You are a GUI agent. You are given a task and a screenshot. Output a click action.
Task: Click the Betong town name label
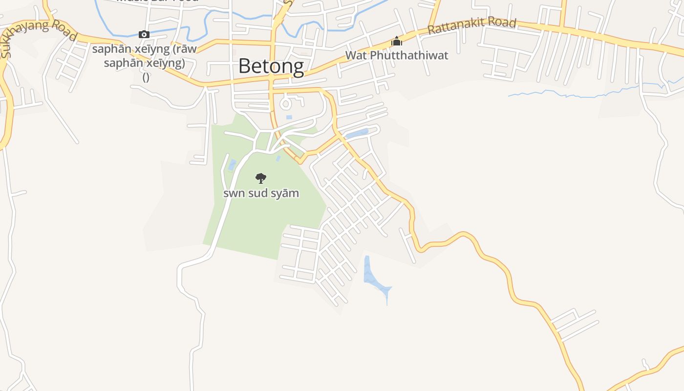(271, 66)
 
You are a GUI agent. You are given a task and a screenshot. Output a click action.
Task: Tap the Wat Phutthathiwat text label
(396, 55)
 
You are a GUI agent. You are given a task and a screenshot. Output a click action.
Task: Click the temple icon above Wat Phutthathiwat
(396, 42)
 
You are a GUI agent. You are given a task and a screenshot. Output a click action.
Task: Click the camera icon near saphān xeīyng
(144, 34)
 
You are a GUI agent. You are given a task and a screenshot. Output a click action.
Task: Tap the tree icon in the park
(261, 178)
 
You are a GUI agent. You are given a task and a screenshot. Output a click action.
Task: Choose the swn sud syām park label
(261, 193)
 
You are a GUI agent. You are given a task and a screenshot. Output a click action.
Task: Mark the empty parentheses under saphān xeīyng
(146, 77)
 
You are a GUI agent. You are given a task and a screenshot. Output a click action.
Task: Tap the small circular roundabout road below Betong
(285, 104)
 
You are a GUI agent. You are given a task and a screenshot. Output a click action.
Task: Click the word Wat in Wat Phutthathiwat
(356, 55)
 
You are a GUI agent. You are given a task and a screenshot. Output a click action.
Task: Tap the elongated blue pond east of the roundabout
(357, 133)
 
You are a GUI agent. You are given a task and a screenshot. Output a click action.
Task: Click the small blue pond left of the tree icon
(232, 165)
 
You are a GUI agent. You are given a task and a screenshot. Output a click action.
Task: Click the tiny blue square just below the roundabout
(289, 117)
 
